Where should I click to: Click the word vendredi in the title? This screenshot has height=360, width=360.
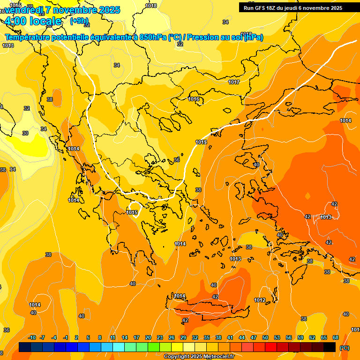pyautogui.click(x=23, y=10)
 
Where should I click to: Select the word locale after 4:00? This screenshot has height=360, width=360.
pyautogui.click(x=45, y=21)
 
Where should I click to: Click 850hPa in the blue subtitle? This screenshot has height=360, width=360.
pyautogui.click(x=153, y=37)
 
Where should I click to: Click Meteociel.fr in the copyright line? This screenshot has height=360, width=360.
pyautogui.click(x=217, y=357)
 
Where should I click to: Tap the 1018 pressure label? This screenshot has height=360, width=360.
pyautogui.click(x=151, y=6)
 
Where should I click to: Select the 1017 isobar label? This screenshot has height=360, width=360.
pyautogui.click(x=234, y=82)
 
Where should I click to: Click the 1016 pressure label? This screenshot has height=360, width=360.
pyautogui.click(x=194, y=99)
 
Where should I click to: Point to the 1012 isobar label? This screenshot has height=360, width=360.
pyautogui.click(x=260, y=300)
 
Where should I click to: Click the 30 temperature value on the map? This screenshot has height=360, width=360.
pyautogui.click(x=25, y=133)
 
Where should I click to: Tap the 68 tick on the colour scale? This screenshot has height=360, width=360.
pyautogui.click(x=336, y=337)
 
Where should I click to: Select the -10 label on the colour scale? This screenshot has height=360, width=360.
pyautogui.click(x=32, y=337)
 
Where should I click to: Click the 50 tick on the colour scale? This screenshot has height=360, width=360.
pyautogui.click(x=265, y=337)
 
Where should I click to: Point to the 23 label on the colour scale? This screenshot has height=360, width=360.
pyautogui.click(x=160, y=337)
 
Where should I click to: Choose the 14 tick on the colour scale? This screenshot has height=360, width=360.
pyautogui.click(x=125, y=337)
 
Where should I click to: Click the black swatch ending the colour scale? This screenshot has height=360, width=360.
pyautogui.click(x=330, y=347)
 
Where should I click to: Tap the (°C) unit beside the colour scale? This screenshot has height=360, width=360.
pyautogui.click(x=345, y=347)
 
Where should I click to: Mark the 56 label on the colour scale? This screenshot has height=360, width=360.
pyautogui.click(x=289, y=337)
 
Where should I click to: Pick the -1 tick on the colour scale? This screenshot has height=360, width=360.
pyautogui.click(x=66, y=337)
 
